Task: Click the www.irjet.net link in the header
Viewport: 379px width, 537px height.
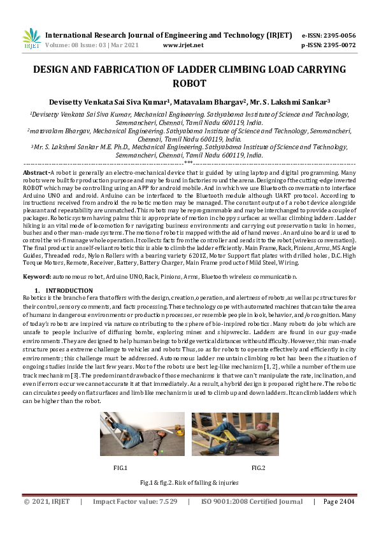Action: [183, 45]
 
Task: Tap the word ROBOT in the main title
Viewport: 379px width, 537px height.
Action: [190, 82]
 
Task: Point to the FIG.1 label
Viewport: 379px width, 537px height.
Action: [120, 467]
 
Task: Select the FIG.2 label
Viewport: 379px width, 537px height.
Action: [258, 467]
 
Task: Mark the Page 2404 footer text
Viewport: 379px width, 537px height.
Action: [338, 501]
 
